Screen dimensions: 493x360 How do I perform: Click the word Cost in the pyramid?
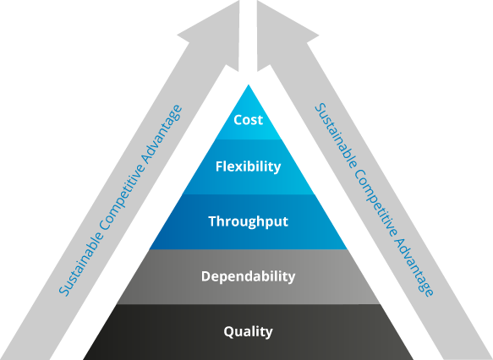click(x=248, y=120)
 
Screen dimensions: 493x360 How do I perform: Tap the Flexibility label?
click(x=248, y=166)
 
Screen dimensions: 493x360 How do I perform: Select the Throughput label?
click(x=248, y=221)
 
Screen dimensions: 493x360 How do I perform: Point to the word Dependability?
click(x=248, y=276)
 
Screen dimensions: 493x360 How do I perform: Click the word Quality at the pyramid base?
click(x=248, y=332)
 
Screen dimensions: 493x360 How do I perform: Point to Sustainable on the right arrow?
click(x=336, y=136)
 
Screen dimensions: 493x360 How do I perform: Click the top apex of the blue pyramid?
click(x=249, y=85)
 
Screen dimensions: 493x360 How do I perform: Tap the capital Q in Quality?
click(x=228, y=332)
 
